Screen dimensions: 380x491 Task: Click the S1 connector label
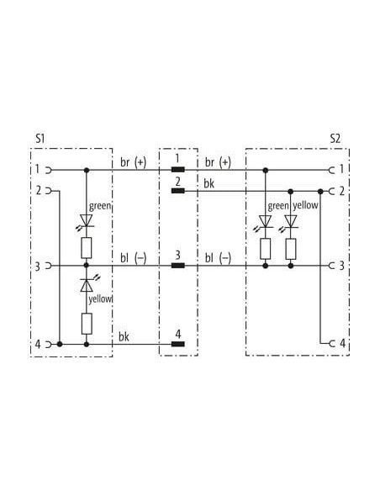coord(40,139)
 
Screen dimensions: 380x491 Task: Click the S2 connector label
coord(335,139)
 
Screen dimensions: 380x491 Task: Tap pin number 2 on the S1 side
coord(39,190)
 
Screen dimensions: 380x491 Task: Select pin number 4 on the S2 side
coord(342,344)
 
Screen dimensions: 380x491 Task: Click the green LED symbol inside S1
coord(86,220)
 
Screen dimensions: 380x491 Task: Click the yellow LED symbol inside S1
coord(87,283)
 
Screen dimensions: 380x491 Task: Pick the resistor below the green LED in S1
coord(87,248)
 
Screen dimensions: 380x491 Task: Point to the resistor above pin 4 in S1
coord(87,324)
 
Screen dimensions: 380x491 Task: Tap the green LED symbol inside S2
coord(264,222)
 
